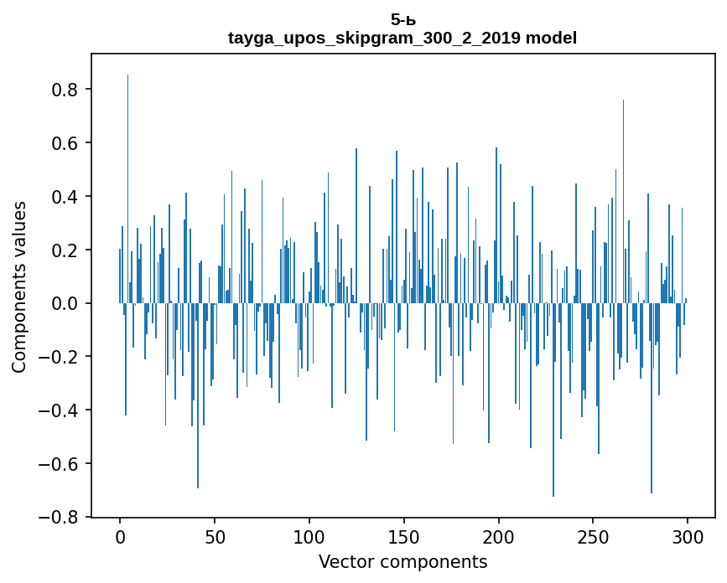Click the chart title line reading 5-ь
pos(402,19)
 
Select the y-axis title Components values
pos(19,286)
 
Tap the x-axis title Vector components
pos(402,562)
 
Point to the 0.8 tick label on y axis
pos(66,90)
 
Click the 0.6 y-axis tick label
pos(66,143)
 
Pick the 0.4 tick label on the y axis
pos(66,197)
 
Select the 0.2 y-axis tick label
pos(66,250)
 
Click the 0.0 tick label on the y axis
pos(66,303)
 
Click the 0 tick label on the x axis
pos(120,536)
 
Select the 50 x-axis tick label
pos(215,536)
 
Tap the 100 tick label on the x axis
pos(309,536)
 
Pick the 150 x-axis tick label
pos(404,536)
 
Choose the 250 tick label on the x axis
pos(594,536)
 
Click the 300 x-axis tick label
pos(688,536)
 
